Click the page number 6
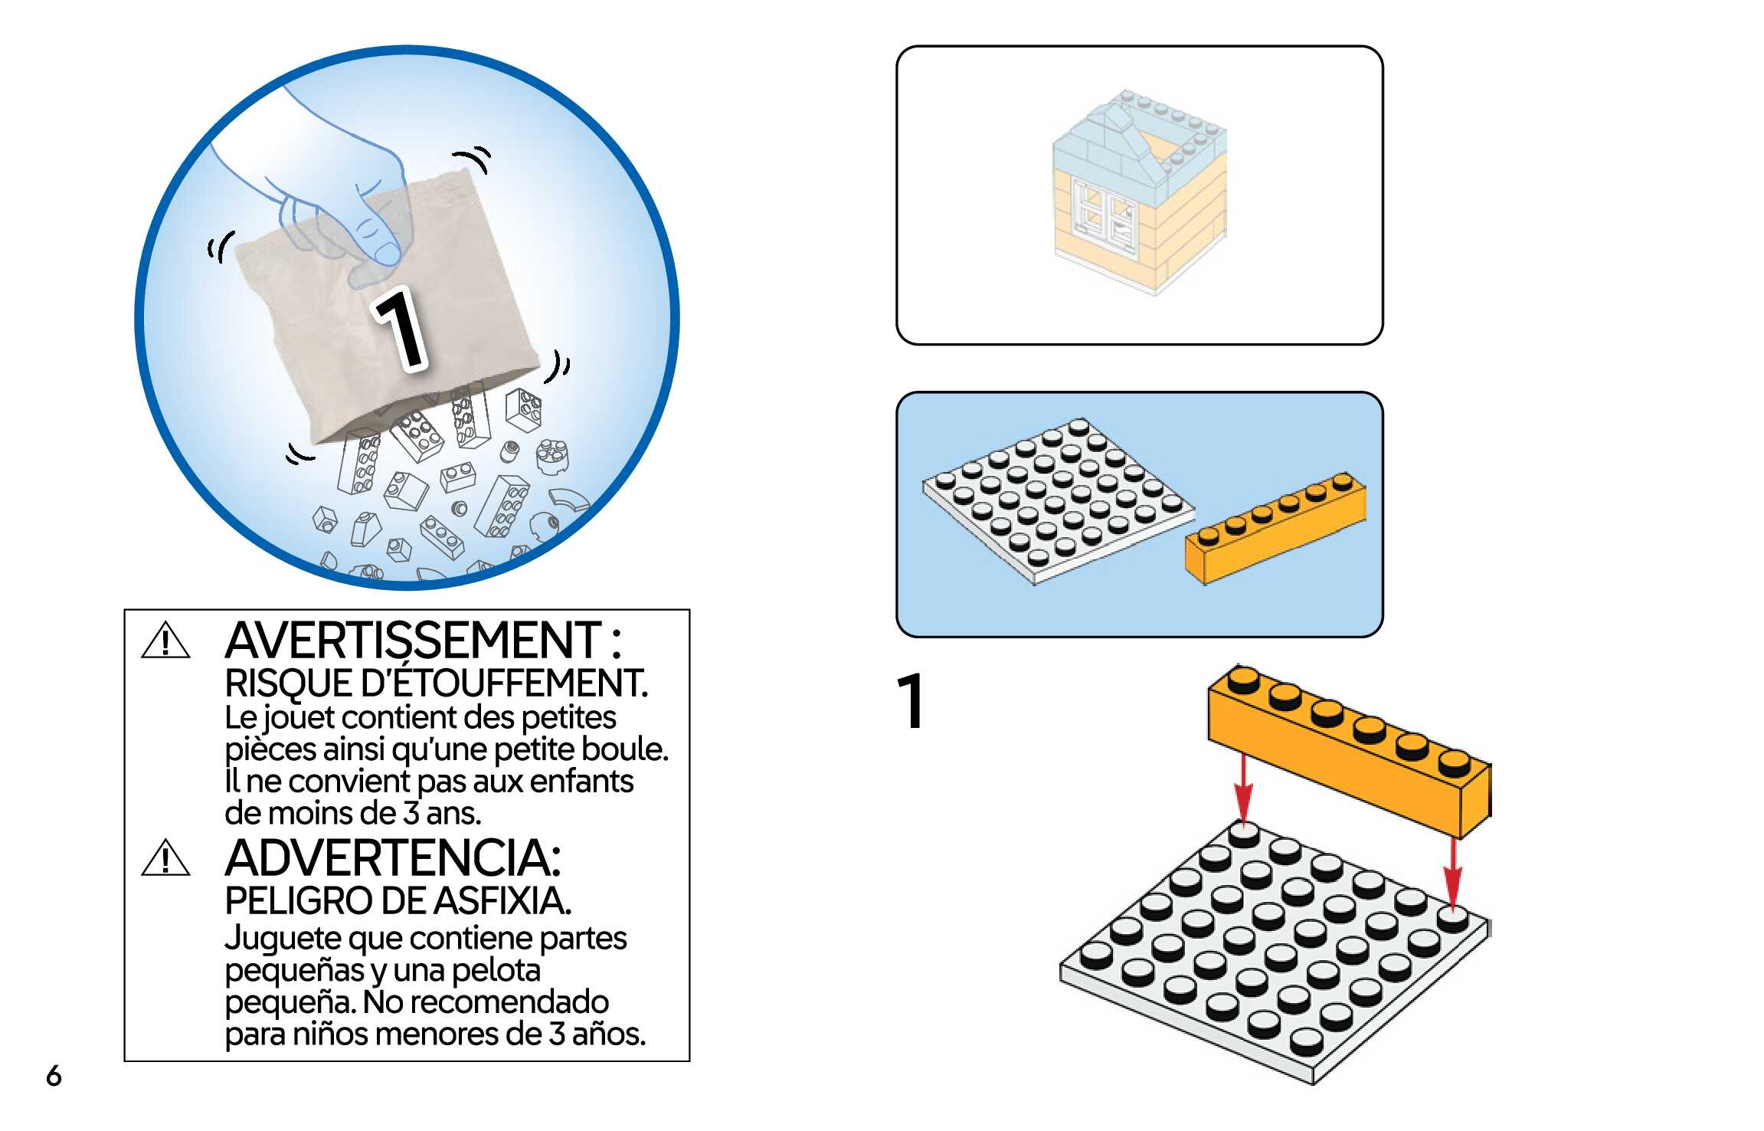click(54, 1076)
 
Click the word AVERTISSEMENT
click(414, 641)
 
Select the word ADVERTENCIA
click(392, 858)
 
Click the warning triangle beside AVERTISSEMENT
click(165, 642)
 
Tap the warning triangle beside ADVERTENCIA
click(165, 859)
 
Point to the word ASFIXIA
click(502, 901)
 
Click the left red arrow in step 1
click(1243, 789)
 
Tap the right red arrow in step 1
click(1452, 874)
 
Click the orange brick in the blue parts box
click(1275, 529)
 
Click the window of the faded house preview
click(1103, 215)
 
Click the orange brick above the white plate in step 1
click(1348, 751)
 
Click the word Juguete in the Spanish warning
click(282, 939)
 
